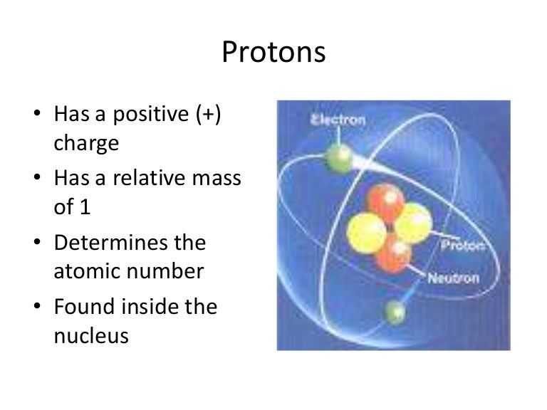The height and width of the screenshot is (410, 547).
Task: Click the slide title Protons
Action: click(274, 53)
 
